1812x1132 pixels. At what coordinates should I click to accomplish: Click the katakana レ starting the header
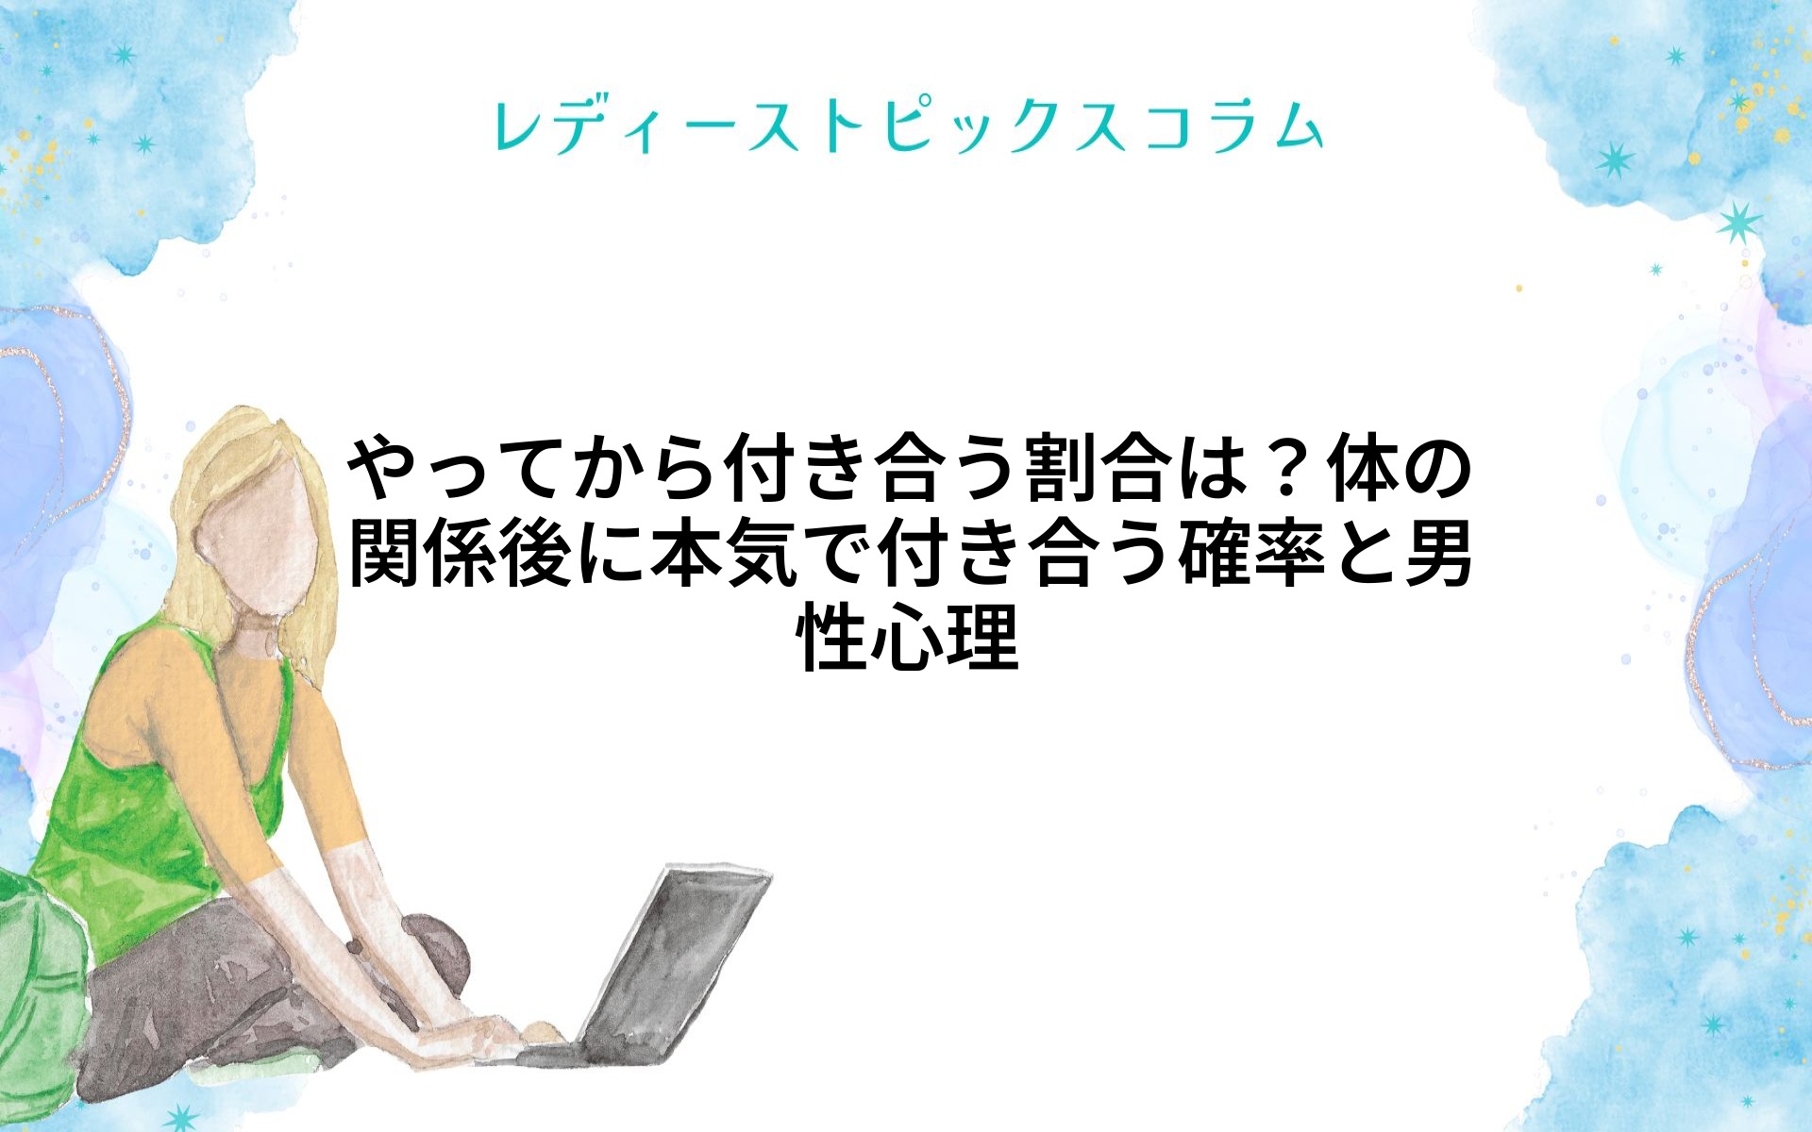517,127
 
